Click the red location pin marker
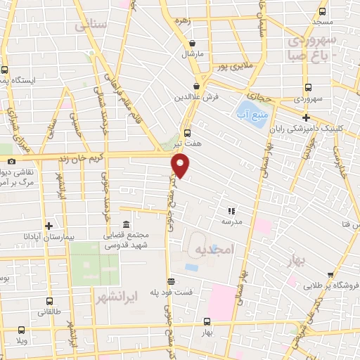point(181,167)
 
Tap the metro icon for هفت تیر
point(187,131)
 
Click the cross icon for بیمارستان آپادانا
point(49,226)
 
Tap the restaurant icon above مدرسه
point(231,210)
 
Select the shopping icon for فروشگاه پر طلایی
point(307,285)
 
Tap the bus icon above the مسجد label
point(322,12)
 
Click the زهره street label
point(184,21)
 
